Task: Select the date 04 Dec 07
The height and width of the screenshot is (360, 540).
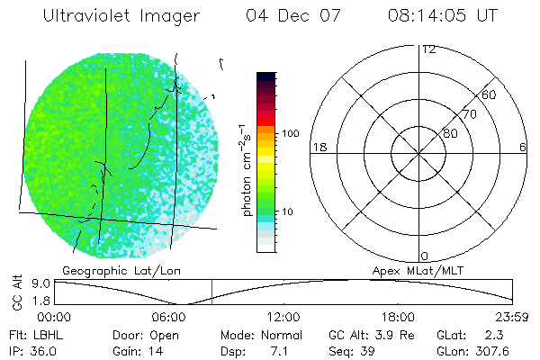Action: [283, 16]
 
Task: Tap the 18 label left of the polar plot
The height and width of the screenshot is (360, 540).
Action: [318, 147]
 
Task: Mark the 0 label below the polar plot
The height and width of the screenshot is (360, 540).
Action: [425, 256]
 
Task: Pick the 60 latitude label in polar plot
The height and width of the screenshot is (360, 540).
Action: [490, 94]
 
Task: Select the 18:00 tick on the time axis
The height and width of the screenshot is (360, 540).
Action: [398, 317]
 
